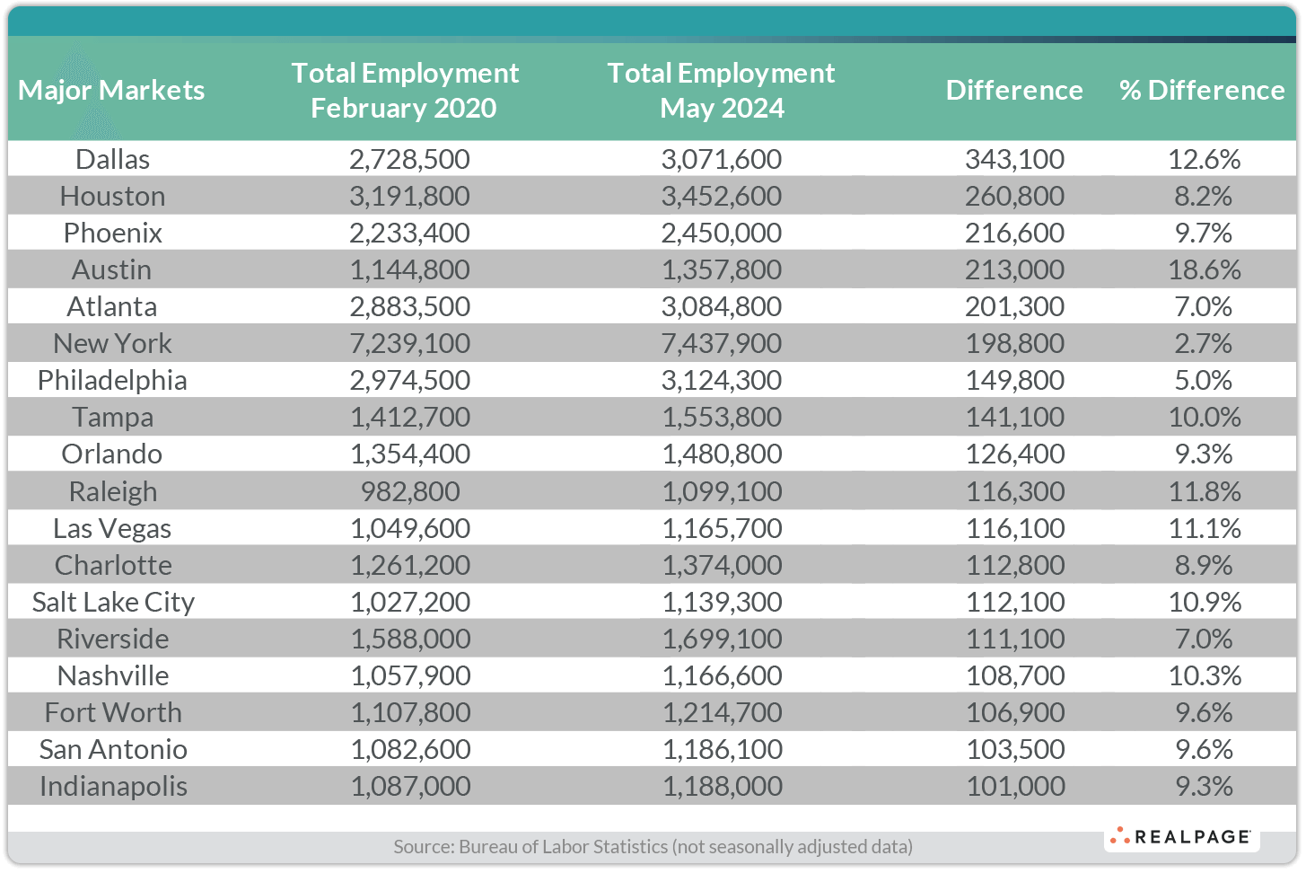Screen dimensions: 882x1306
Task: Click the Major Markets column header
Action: coord(111,90)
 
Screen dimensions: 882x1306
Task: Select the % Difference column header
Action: coord(1202,90)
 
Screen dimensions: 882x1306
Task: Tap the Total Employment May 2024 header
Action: coord(721,90)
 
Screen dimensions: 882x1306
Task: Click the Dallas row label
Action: coord(112,159)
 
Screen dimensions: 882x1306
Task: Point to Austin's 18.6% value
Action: coord(1204,269)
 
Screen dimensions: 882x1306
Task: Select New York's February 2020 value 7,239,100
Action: coord(409,343)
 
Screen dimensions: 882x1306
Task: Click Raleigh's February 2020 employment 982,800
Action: coord(409,491)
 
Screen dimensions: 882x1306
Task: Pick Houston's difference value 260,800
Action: coord(1014,196)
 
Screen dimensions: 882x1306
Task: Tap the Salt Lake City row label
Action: coord(113,602)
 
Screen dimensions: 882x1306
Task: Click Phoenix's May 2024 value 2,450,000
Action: coord(721,233)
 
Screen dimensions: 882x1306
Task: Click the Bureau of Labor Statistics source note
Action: coord(653,846)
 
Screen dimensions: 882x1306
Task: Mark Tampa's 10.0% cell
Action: coord(1204,417)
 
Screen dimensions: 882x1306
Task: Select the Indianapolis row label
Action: coord(113,786)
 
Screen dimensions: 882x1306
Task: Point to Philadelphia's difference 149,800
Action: coord(1014,380)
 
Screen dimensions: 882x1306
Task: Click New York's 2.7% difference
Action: coord(1204,343)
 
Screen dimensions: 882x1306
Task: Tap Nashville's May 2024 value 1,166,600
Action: coord(721,675)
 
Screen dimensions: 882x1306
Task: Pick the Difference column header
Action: coord(1014,90)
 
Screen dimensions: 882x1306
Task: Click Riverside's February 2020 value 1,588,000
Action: coord(409,639)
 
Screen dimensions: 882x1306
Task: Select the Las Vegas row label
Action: coord(112,528)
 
